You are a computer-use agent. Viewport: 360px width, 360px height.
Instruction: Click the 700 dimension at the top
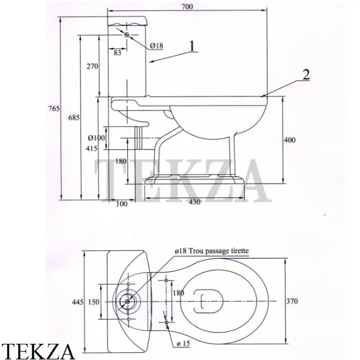(187, 7)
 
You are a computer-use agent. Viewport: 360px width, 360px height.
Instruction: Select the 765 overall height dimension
(54, 109)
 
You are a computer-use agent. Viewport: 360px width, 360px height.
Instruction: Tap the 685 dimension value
(74, 118)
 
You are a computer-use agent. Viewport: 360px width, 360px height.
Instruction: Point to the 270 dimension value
(92, 66)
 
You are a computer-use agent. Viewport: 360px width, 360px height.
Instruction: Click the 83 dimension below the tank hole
(118, 53)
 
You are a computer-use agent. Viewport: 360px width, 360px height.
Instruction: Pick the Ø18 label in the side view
(157, 46)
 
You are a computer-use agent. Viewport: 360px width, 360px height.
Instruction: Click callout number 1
(192, 46)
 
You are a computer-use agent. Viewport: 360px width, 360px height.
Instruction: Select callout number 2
(306, 74)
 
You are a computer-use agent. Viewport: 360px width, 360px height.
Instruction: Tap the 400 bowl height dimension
(290, 140)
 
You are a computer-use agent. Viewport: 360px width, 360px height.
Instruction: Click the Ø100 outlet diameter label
(97, 138)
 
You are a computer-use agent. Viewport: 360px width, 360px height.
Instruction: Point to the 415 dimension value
(92, 149)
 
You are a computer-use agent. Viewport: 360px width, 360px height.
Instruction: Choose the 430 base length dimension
(194, 202)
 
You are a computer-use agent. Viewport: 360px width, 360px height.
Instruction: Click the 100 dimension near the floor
(122, 203)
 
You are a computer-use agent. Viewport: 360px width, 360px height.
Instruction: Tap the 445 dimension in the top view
(78, 302)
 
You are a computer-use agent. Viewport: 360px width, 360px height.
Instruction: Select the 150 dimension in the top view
(94, 302)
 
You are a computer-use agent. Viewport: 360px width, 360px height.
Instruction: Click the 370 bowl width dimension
(292, 301)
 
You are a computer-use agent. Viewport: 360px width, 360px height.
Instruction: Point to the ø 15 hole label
(184, 343)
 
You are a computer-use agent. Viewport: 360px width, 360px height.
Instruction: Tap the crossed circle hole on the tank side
(127, 35)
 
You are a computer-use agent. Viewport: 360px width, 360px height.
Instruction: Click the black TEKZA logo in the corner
(38, 351)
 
